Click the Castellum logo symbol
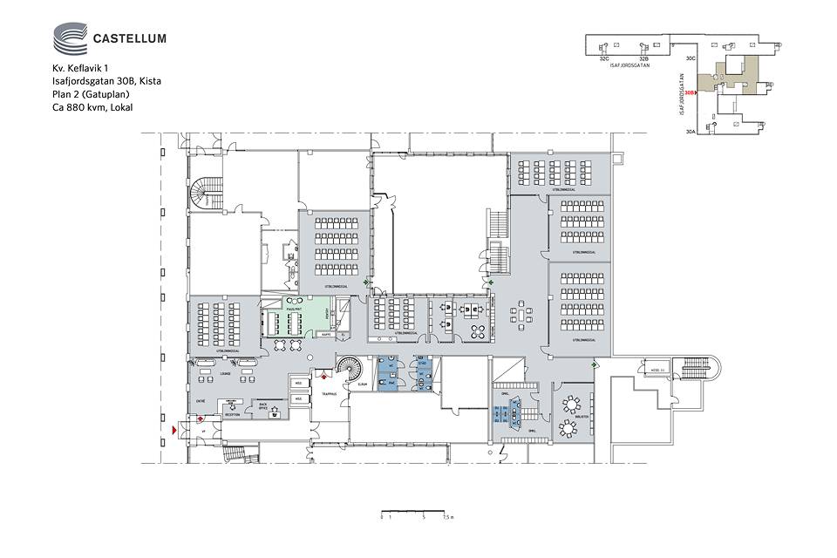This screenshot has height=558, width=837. pos(70,39)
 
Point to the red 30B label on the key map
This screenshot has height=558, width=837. pos(689,92)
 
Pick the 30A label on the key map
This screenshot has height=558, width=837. pos(691,132)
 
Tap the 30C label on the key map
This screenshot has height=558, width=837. pos(690,58)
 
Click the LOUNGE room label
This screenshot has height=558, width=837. pos(224,373)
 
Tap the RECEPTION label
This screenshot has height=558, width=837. pos(232,415)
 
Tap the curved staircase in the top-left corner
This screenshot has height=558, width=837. pos(209,191)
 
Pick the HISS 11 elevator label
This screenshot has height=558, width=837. pos(657,371)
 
